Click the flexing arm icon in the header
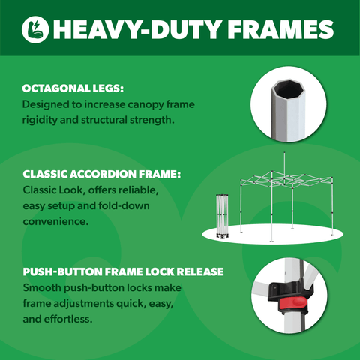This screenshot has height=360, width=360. click(x=35, y=29)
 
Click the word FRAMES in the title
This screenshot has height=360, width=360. click(x=280, y=29)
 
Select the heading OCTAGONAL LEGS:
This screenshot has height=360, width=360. click(x=73, y=88)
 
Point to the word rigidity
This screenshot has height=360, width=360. click(x=40, y=121)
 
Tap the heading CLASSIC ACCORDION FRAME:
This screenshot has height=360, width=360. click(x=101, y=174)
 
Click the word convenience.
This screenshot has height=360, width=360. click(x=55, y=221)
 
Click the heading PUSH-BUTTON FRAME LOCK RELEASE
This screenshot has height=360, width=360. click(x=123, y=271)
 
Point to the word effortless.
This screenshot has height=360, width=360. click(x=68, y=319)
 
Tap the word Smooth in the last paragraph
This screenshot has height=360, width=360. click(x=42, y=287)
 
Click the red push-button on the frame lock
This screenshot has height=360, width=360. click(x=292, y=303)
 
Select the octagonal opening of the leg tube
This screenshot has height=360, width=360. click(x=287, y=88)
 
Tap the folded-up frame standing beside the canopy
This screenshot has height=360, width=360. click(x=222, y=216)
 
